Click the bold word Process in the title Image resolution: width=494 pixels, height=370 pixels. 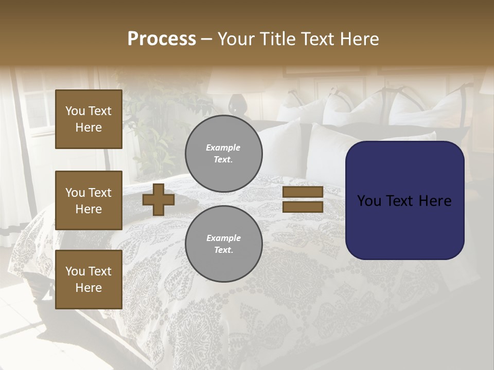162,39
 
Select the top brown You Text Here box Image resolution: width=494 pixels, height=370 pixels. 89,119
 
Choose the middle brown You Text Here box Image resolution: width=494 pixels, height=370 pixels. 89,200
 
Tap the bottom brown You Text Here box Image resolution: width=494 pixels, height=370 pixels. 89,280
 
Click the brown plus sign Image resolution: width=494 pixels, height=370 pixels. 158,199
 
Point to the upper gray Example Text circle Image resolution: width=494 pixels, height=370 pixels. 223,154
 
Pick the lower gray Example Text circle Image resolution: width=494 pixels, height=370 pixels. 223,244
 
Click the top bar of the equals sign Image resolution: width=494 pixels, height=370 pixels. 303,192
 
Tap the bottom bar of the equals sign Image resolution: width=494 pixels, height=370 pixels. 303,207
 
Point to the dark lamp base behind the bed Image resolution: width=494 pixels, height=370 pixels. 237,104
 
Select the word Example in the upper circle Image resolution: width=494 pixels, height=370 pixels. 223,147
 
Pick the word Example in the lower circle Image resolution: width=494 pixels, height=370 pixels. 223,238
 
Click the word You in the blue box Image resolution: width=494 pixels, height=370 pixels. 369,201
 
